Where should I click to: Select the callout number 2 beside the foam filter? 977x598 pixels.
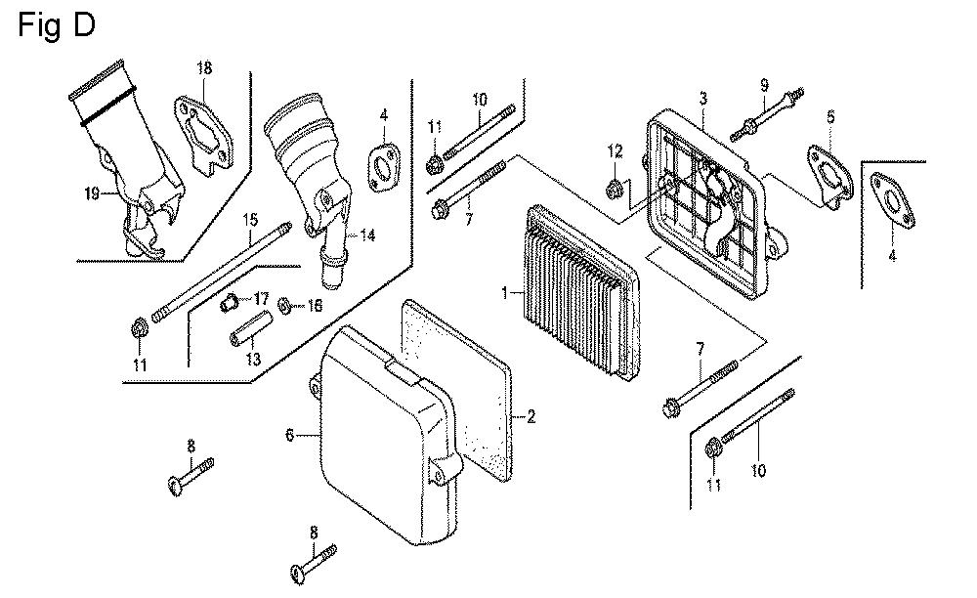[x=531, y=417]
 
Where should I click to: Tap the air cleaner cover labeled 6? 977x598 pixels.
[x=391, y=440]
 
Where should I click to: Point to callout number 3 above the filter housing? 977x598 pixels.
[x=702, y=99]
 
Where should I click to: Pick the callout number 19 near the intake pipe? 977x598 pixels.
[x=92, y=193]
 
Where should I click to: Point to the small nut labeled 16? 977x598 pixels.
[x=284, y=307]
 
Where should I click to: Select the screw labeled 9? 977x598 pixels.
[x=772, y=111]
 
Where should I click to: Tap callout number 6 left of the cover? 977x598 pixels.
[x=289, y=435]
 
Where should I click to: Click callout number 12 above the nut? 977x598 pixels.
[x=615, y=150]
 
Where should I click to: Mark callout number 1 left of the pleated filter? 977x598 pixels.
[x=505, y=292]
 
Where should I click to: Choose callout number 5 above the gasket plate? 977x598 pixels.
[x=830, y=117]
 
